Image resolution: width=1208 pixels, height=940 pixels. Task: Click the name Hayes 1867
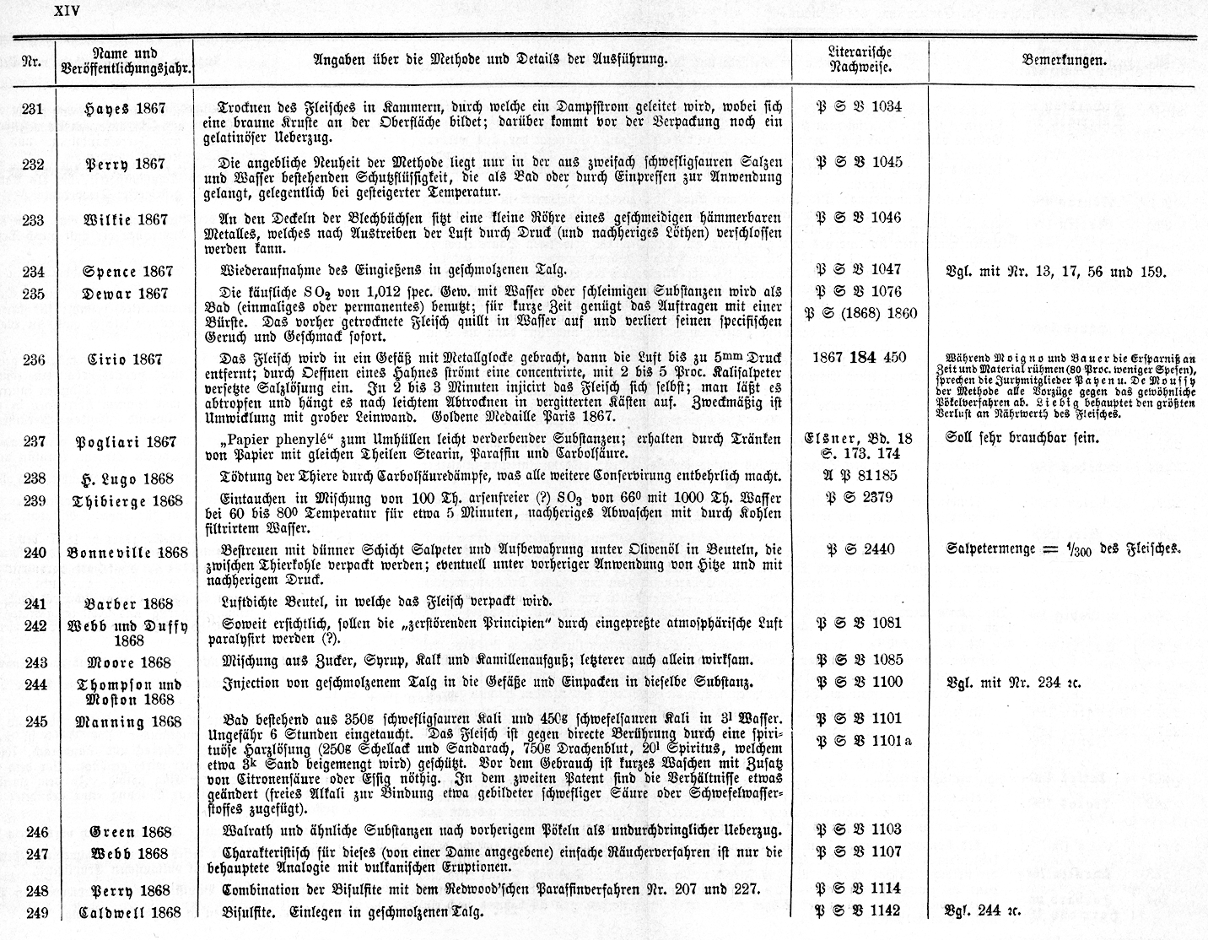point(125,108)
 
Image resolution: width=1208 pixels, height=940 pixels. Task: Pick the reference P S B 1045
point(859,162)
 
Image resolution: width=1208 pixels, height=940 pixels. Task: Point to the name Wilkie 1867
point(125,219)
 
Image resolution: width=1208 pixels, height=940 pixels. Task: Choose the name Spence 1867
point(127,272)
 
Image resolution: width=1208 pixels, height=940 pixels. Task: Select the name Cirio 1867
point(125,359)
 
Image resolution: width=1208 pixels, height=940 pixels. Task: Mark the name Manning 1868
point(128,721)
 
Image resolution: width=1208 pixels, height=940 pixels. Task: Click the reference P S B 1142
point(859,910)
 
